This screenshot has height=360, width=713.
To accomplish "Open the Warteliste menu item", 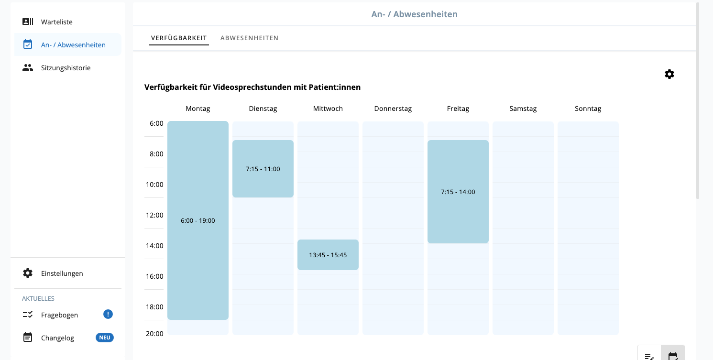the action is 56,22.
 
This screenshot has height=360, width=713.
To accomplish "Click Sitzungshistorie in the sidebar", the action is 66,67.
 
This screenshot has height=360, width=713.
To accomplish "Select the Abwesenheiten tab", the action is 249,38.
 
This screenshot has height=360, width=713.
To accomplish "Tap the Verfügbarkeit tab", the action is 179,38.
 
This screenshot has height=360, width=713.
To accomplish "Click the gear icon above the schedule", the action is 669,74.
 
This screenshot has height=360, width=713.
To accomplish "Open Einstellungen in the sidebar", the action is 62,273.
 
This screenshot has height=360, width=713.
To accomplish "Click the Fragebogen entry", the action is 59,315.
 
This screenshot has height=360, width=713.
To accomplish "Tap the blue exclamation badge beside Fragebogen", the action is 108,314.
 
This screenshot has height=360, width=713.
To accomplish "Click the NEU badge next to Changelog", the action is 104,338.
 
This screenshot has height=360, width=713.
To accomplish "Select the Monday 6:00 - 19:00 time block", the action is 197,220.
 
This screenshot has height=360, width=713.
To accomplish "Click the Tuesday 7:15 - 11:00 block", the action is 263,169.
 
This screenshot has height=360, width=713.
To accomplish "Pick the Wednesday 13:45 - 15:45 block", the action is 328,255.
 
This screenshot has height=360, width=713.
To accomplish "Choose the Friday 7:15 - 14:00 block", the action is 458,192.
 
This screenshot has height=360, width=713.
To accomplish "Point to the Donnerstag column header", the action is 393,109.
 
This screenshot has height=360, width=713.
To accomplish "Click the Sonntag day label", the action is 588,109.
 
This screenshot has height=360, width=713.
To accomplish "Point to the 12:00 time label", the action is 154,215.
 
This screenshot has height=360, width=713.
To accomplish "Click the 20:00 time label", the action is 154,334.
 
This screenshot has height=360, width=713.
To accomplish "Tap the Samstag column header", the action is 523,109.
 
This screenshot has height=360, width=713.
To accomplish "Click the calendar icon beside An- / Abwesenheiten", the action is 28,44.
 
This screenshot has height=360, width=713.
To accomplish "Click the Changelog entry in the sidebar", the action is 57,338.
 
